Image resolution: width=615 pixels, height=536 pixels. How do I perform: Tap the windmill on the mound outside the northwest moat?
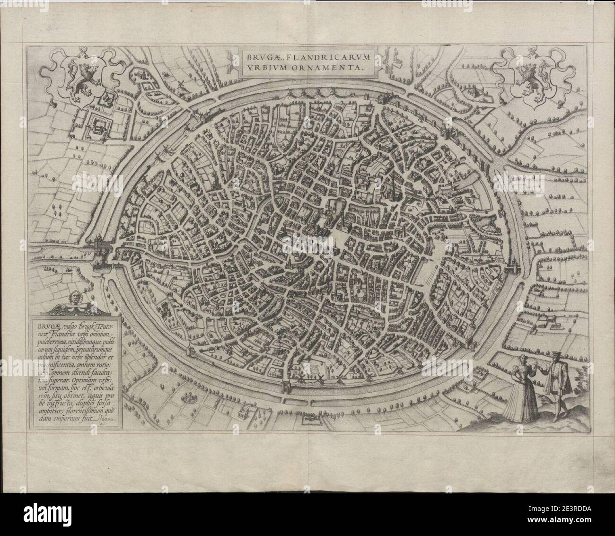(x=179, y=83)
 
